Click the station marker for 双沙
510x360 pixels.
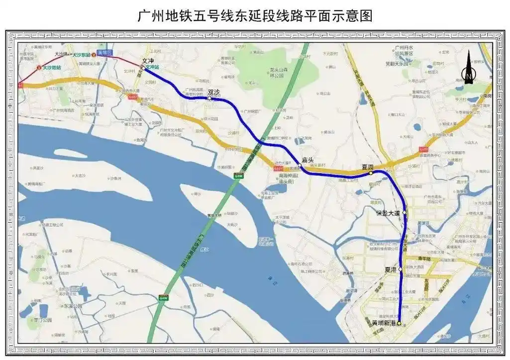209,98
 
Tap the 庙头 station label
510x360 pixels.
307,160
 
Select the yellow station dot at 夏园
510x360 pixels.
371,174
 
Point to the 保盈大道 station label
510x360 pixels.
388,213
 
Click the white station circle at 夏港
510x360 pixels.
400,269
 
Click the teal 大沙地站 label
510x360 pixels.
52,67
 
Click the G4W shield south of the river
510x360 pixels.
164,298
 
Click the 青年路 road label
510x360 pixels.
423,259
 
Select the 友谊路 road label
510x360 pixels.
426,283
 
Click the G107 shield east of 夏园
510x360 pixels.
423,149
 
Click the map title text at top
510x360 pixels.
255,16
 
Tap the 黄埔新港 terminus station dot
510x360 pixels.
399,323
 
